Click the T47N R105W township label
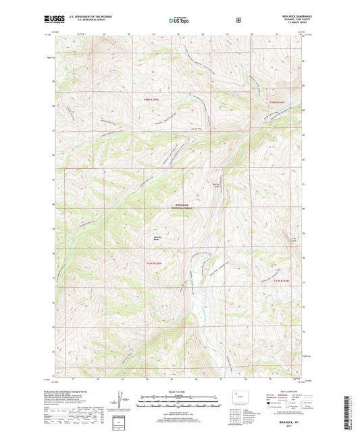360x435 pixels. tap(154, 263)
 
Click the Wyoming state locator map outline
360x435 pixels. tap(235, 399)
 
